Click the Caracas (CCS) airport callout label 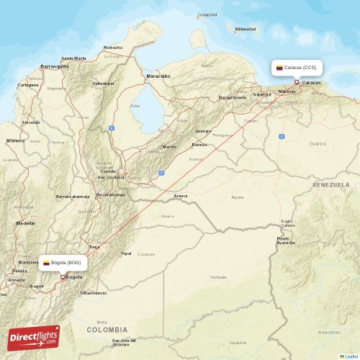tap(296, 67)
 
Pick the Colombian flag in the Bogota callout tap(46, 263)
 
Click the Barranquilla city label tap(55, 66)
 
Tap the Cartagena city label tap(28, 84)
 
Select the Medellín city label tap(26, 223)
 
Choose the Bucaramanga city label tap(112, 194)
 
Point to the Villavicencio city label tap(94, 293)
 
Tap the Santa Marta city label tap(73, 58)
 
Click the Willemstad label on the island tap(246, 29)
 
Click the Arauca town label tap(181, 195)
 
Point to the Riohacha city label tap(113, 48)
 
